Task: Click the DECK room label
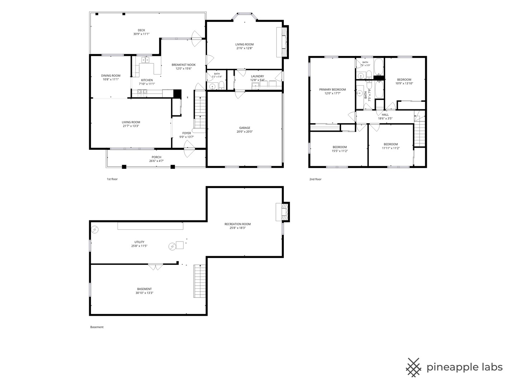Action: pos(141,30)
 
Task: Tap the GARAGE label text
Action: pos(244,128)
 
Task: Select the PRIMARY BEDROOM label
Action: pos(333,90)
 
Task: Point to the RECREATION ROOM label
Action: pos(238,224)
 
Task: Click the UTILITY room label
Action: pos(139,242)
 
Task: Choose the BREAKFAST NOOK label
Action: pos(183,65)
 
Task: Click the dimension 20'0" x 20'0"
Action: pos(244,132)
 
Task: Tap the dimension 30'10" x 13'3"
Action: pos(144,293)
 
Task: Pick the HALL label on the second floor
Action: pos(385,115)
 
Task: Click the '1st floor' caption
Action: pos(112,179)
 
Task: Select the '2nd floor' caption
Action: pos(315,179)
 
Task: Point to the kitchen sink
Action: pos(145,60)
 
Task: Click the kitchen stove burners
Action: pos(142,92)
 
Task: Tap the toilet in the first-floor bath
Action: pos(221,86)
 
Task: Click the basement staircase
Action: pos(200,281)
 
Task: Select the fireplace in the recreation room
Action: pos(282,212)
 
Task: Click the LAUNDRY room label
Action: pos(257,76)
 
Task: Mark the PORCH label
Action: pos(156,157)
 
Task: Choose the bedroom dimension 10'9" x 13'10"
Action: pos(404,83)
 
